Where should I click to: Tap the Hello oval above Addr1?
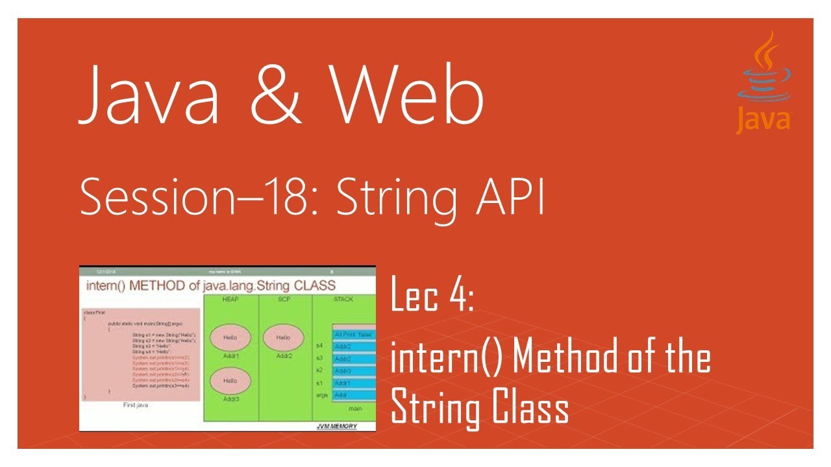pyautogui.click(x=230, y=338)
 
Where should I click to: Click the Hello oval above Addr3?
pyautogui.click(x=230, y=381)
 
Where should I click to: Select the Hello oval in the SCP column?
pyautogui.click(x=284, y=338)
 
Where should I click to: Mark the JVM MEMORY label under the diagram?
pyautogui.click(x=336, y=426)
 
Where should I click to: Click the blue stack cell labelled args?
pyautogui.click(x=353, y=395)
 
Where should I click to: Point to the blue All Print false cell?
pyautogui.click(x=353, y=335)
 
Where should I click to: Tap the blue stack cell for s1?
pyautogui.click(x=353, y=383)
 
